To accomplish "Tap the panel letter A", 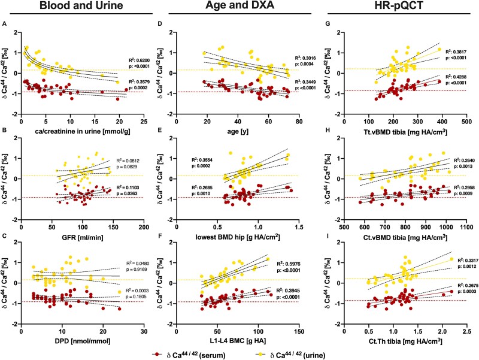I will point(5,24).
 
